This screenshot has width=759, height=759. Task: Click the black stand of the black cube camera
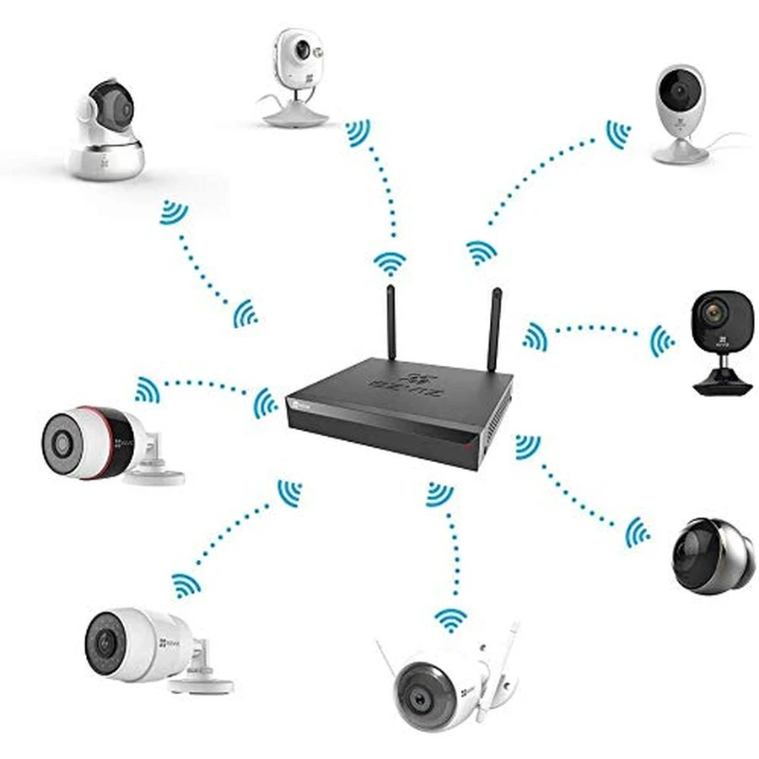722,379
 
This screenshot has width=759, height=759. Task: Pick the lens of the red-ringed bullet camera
62,442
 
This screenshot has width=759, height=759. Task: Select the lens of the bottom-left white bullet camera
105,643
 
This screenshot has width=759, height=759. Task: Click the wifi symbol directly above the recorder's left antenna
390,263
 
